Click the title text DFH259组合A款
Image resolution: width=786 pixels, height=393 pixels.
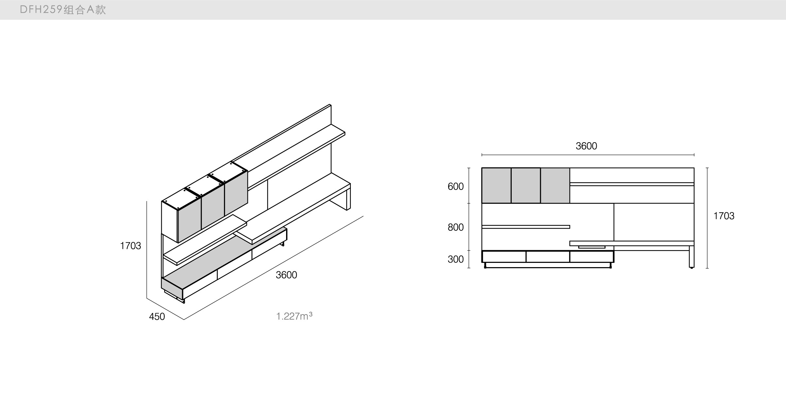click(63, 10)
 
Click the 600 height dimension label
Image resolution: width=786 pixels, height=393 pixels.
click(455, 186)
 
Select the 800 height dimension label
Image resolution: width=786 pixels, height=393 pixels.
click(455, 227)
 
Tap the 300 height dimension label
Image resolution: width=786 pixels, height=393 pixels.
click(455, 259)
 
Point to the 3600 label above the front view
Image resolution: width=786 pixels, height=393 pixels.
click(586, 146)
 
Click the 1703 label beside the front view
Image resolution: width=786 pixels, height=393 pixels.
click(724, 216)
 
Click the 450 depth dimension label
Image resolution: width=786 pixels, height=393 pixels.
click(157, 316)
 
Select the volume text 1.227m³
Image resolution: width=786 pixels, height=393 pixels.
click(294, 316)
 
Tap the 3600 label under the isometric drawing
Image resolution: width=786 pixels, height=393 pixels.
click(286, 275)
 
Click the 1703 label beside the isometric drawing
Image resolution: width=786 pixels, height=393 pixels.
click(130, 246)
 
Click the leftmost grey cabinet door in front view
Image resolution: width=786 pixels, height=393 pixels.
click(496, 185)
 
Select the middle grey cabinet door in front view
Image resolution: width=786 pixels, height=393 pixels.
click(526, 185)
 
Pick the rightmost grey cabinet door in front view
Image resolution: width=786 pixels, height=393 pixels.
click(555, 185)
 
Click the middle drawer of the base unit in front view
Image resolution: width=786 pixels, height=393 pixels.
click(548, 257)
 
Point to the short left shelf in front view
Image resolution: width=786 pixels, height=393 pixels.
click(526, 227)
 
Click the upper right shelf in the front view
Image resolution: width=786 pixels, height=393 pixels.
click(632, 184)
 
